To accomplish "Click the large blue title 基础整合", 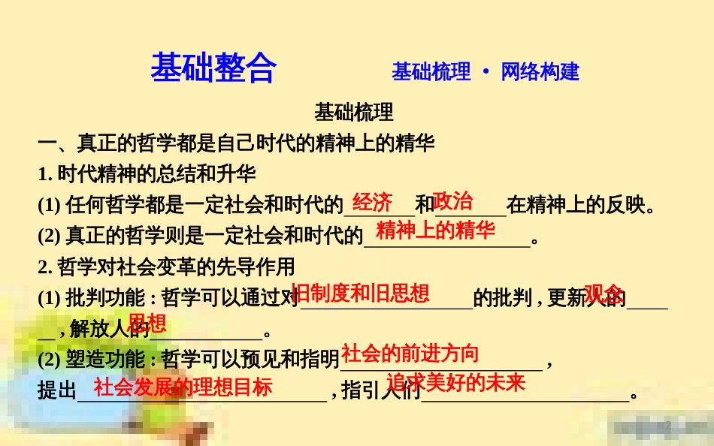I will [x=213, y=68].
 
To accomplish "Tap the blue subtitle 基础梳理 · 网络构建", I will [x=485, y=72].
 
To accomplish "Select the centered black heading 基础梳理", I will [x=354, y=113].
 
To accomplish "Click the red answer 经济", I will [x=372, y=202].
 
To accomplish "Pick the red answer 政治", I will [x=453, y=200].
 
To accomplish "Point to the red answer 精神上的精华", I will [x=436, y=231].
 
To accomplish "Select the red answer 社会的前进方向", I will [x=410, y=353].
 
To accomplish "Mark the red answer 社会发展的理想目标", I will [x=183, y=387].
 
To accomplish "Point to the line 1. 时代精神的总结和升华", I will [x=147, y=174].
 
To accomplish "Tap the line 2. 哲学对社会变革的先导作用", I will [x=166, y=267].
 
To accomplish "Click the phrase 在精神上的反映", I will [x=574, y=205].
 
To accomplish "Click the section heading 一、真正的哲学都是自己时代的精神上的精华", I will [x=237, y=143].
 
